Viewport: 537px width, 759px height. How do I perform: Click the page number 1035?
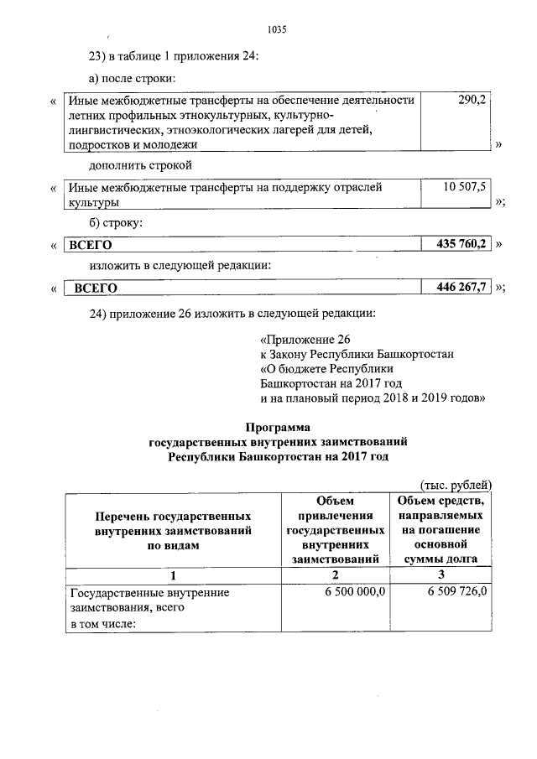pos(277,29)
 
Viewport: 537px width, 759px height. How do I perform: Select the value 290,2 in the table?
pos(472,101)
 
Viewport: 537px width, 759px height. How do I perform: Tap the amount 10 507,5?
pos(464,188)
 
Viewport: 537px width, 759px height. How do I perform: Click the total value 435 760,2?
pos(461,244)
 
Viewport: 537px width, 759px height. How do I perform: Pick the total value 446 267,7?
pos(461,287)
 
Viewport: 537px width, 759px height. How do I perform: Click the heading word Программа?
pos(277,427)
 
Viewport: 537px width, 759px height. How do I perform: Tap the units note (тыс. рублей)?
pos(455,484)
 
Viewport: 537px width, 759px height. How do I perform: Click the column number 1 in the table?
pos(172,575)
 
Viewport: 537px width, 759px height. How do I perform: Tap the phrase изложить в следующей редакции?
pos(180,265)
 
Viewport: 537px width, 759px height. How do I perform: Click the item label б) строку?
pos(116,223)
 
